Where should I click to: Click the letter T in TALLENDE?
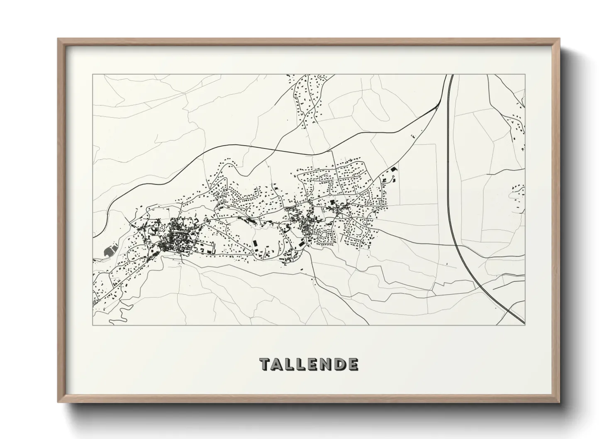coord(265,364)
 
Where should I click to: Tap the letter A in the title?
coord(278,364)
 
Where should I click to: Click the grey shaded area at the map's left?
coord(110,250)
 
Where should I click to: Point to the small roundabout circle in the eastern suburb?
coord(330,194)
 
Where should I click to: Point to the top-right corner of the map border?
coord(525,75)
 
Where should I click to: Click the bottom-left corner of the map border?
coord(93,325)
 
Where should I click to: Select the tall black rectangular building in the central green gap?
coord(254,243)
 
